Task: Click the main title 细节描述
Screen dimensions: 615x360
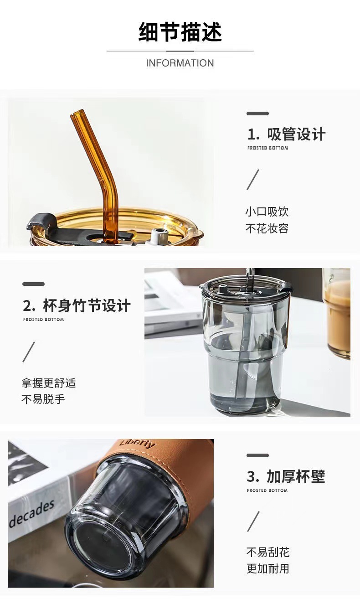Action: (180, 32)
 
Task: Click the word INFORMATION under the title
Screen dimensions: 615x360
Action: (180, 63)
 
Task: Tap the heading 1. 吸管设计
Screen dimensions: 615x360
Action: (286, 134)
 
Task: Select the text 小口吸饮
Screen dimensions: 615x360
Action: (267, 212)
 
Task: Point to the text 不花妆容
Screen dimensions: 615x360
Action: (267, 228)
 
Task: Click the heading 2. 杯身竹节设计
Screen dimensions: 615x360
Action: (77, 305)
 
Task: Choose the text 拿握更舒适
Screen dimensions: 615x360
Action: (48, 383)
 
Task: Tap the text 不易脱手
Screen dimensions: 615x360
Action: (43, 399)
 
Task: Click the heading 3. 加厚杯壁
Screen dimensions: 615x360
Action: (286, 476)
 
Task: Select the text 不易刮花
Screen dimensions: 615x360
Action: (268, 552)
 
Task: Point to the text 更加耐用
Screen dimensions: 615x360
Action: (268, 568)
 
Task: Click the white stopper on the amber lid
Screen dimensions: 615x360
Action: (159, 236)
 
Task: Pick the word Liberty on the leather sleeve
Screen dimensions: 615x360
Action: (137, 444)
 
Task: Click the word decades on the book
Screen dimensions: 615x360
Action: (32, 513)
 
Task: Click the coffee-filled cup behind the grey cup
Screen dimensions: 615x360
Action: (337, 315)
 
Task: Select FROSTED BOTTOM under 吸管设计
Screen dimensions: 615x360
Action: (267, 148)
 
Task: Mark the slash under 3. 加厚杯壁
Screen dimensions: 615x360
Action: (253, 521)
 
